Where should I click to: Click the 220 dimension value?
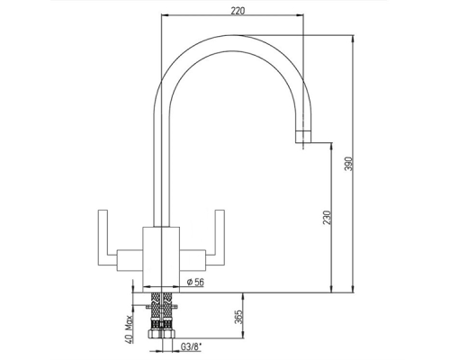click(238, 11)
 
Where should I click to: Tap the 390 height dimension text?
click(348, 164)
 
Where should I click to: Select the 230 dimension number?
click(328, 218)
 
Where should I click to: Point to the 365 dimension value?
click(238, 318)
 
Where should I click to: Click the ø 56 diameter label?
click(195, 282)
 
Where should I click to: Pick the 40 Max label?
click(130, 329)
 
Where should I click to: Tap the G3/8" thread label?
click(191, 347)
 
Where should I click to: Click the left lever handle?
click(103, 238)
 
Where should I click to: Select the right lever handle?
click(220, 238)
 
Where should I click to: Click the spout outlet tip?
click(303, 137)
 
